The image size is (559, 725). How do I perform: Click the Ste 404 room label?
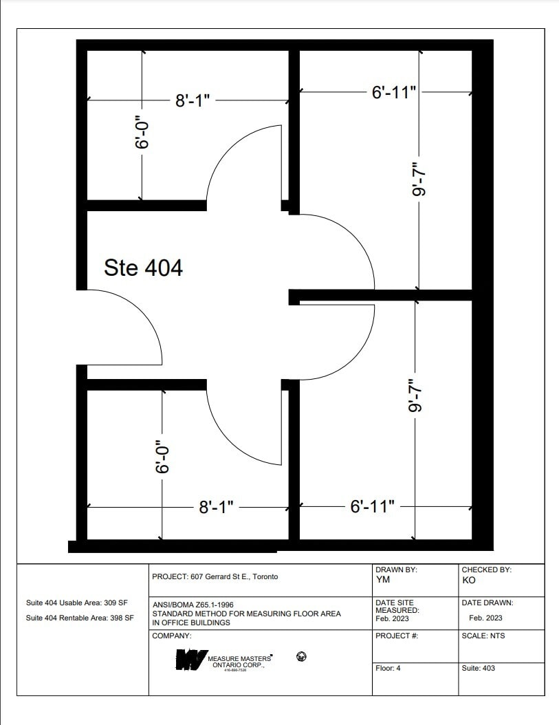click(x=143, y=268)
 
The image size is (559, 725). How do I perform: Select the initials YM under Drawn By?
click(x=383, y=580)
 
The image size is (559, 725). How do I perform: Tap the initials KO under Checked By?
click(x=470, y=580)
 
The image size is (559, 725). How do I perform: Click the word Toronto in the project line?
click(x=265, y=576)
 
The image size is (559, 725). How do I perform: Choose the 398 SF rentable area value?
click(x=120, y=618)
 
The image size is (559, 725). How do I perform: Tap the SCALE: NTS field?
click(x=484, y=636)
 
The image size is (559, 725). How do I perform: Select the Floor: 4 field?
click(x=388, y=668)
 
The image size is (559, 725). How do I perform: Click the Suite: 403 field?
click(x=479, y=668)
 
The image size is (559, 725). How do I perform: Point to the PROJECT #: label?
click(x=397, y=636)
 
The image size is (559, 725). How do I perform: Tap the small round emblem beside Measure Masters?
click(x=300, y=657)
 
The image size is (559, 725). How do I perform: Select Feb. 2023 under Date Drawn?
click(x=485, y=618)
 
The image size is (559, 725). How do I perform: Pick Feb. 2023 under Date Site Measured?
click(x=392, y=618)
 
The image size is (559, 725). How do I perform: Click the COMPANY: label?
click(x=172, y=636)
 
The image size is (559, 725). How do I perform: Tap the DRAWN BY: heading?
click(x=396, y=570)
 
